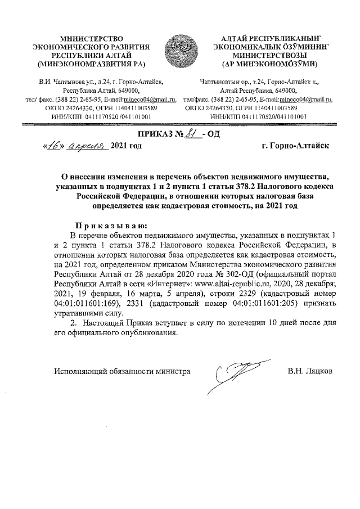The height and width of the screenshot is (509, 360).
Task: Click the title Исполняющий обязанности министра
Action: click(121, 371)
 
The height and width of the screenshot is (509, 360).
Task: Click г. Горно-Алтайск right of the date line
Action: click(296, 146)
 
